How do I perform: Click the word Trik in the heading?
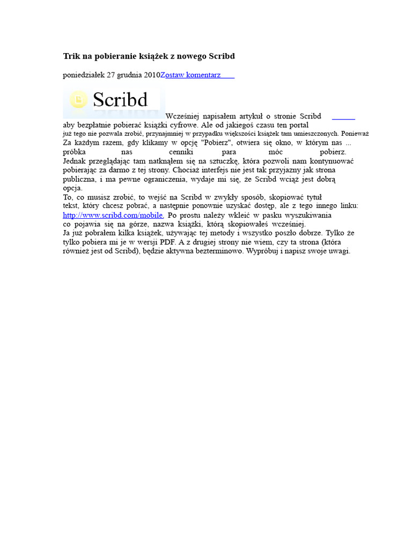pos(71,56)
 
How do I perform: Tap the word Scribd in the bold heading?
pos(221,56)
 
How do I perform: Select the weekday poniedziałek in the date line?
pos(84,75)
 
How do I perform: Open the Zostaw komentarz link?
pos(197,75)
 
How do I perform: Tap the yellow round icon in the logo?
pos(79,100)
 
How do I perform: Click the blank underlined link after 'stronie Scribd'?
pos(343,116)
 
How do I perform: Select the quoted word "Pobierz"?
pos(216,143)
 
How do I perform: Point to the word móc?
pos(275,152)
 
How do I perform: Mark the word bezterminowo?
pos(217,251)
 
